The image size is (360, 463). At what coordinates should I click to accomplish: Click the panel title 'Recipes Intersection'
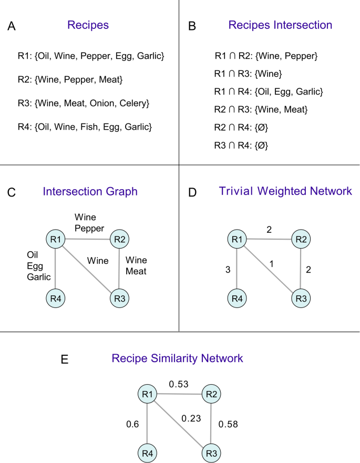click(x=280, y=25)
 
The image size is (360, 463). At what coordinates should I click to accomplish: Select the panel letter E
click(x=64, y=359)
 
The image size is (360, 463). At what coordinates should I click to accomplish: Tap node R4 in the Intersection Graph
click(x=55, y=299)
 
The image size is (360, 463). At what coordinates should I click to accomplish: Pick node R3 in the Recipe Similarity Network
click(x=211, y=452)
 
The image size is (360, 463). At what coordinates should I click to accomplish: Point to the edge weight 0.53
click(x=179, y=385)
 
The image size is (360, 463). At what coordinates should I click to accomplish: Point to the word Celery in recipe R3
click(x=133, y=103)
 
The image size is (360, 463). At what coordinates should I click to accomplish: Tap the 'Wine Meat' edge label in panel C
click(x=136, y=265)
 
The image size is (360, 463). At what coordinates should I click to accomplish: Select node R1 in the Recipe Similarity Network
click(x=148, y=394)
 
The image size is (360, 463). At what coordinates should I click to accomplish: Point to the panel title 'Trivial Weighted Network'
click(x=285, y=191)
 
